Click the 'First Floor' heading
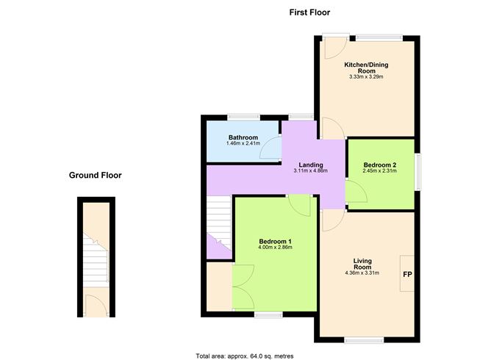click(x=309, y=12)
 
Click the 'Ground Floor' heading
click(x=95, y=175)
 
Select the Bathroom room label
click(x=243, y=137)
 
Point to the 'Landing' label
click(x=310, y=165)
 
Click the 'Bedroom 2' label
click(x=379, y=165)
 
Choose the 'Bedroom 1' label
click(x=276, y=241)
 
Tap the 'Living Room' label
click(x=362, y=264)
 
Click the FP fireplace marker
click(x=406, y=275)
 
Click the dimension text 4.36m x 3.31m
click(x=362, y=274)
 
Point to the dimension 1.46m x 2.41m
click(x=243, y=144)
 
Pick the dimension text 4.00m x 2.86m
click(x=276, y=248)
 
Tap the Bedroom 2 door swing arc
click(x=356, y=193)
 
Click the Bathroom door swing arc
click(x=272, y=148)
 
